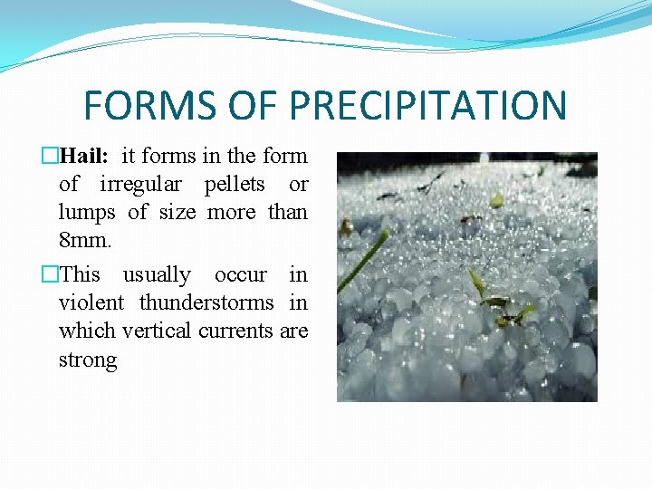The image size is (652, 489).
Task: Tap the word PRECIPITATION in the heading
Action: point(427,105)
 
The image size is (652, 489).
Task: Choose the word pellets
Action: point(235,184)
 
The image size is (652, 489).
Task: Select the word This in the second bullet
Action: point(80,274)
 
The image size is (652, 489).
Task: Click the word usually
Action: point(157,274)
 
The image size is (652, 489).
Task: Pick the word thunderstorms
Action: point(206,302)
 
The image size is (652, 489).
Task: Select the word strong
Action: point(88,360)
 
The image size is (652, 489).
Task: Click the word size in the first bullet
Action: point(177,213)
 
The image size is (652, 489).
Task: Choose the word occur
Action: point(241,274)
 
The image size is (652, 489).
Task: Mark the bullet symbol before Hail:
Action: point(51,156)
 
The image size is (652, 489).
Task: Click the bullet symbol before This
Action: point(51,274)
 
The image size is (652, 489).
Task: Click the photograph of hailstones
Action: point(466,276)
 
